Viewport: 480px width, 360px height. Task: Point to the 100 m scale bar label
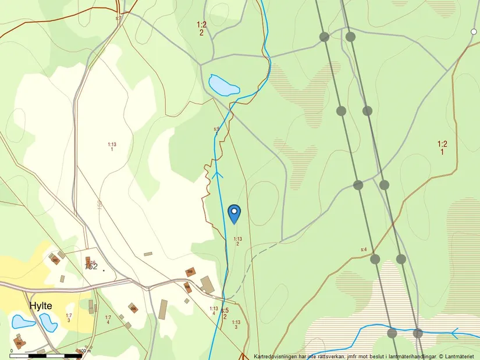[85, 351]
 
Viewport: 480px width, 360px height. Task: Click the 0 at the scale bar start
[12, 351]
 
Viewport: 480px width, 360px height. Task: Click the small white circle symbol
[474, 31]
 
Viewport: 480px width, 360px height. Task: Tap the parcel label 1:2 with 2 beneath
[202, 28]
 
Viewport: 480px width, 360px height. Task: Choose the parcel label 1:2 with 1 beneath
[442, 148]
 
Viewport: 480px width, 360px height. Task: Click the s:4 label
[364, 249]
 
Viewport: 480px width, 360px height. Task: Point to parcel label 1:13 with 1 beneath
[112, 147]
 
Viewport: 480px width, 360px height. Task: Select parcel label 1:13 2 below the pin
[237, 241]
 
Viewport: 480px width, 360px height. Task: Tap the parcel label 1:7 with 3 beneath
[69, 318]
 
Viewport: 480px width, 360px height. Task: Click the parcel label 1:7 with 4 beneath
[108, 319]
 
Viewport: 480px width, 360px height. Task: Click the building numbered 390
[19, 344]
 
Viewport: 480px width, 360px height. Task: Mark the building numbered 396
[55, 259]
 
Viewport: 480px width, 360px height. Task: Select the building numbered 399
[190, 272]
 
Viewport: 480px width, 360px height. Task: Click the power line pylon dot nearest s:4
[375, 259]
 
